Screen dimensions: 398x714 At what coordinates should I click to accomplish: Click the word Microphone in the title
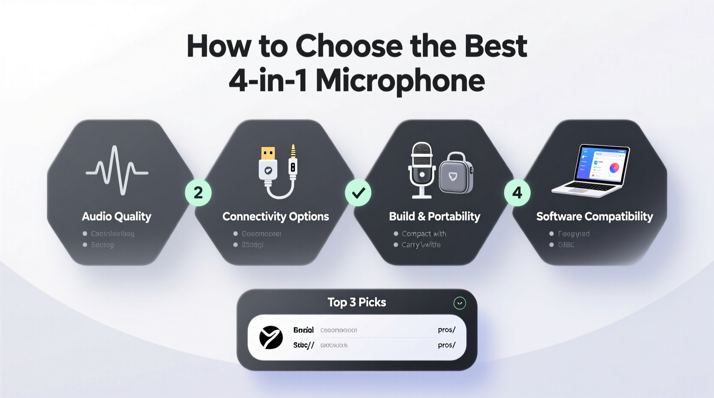point(400,81)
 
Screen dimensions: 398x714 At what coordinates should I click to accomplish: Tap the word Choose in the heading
point(349,46)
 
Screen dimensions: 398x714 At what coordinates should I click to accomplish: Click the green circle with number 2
point(198,193)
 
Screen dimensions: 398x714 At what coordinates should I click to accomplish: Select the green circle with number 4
point(517,193)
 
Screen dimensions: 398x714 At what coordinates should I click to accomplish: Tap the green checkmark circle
point(358,193)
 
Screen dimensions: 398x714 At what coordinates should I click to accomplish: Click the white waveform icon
point(117,170)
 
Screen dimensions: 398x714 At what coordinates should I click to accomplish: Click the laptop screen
point(602,164)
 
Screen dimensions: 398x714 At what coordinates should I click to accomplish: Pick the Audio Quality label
point(117,217)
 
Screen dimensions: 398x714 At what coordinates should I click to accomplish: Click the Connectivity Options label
point(275,217)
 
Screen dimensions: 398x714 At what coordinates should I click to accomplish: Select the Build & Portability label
point(434,217)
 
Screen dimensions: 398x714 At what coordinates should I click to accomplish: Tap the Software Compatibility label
point(594,217)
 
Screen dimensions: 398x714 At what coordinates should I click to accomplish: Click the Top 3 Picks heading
point(357,302)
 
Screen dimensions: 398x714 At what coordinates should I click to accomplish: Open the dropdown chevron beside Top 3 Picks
point(460,303)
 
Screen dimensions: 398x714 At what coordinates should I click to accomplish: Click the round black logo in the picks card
point(271,337)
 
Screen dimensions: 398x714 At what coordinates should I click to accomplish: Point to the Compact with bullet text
point(424,234)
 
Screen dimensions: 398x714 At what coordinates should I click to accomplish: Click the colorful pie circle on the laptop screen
point(614,168)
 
